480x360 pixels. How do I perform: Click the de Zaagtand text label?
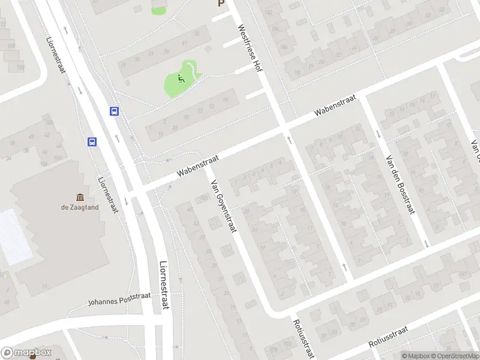click(x=80, y=208)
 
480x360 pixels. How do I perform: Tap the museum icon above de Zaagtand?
click(x=80, y=197)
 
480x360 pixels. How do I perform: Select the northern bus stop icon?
click(x=114, y=111)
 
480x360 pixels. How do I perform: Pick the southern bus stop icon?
click(x=92, y=142)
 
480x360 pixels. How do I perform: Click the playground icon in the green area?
click(x=180, y=79)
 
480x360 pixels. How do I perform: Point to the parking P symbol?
click(x=221, y=4)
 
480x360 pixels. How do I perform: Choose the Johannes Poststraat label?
click(x=118, y=301)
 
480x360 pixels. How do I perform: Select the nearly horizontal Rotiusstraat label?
click(x=388, y=337)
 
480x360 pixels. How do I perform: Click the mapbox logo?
click(x=26, y=353)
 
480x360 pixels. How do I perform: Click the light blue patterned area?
click(x=14, y=236)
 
